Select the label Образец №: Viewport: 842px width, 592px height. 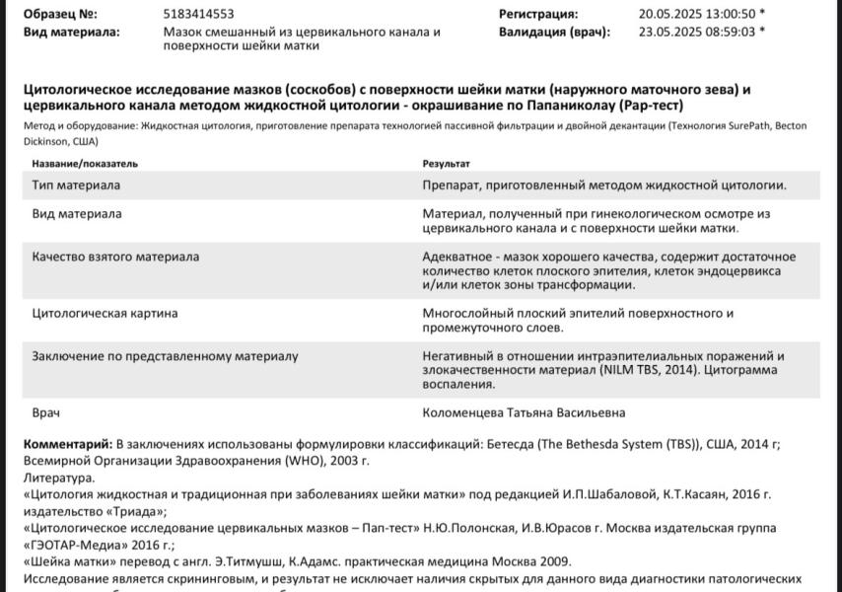60,15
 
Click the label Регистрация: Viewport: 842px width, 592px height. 538,15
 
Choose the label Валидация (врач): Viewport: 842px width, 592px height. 554,32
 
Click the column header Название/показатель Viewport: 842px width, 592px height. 85,163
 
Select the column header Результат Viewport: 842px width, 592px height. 446,163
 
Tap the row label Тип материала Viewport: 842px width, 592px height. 76,185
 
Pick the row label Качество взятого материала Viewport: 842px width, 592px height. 115,257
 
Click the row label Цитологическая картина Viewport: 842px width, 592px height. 105,314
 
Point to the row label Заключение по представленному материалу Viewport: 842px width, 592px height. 165,356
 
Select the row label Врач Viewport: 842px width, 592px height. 47,412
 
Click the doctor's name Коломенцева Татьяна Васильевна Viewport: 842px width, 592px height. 524,412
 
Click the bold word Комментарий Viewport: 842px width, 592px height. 66,444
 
